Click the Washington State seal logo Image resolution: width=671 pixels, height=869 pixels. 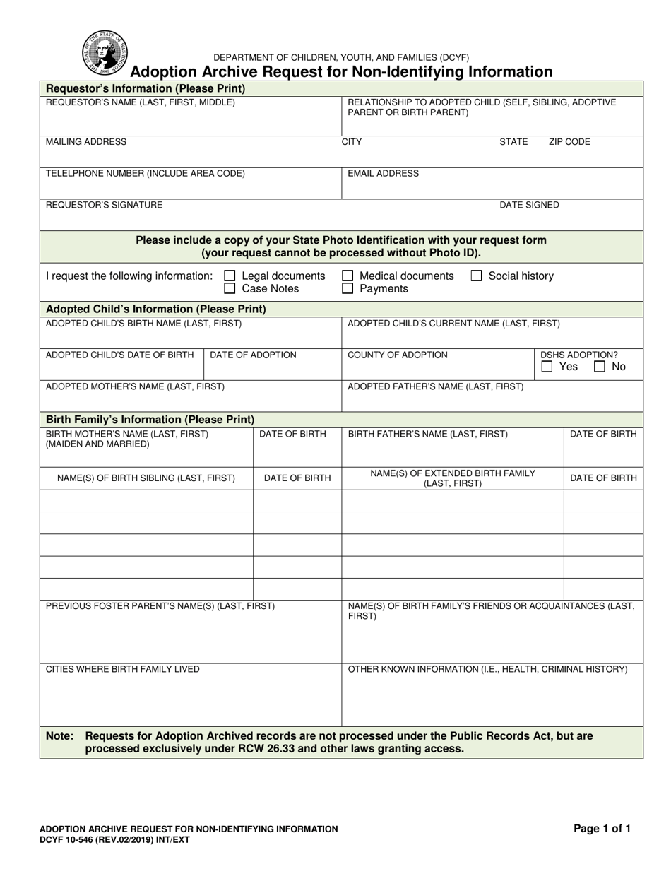coord(105,53)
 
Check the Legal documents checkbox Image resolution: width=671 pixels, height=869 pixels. coord(230,276)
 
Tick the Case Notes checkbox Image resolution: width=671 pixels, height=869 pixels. coord(230,289)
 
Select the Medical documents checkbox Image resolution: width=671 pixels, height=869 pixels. coord(348,276)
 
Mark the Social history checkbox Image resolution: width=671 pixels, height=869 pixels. coord(476,276)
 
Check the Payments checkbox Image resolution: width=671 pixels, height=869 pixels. coord(348,289)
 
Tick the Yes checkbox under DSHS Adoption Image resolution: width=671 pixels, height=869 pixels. coord(547,367)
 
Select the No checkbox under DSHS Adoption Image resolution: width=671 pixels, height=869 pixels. coord(600,367)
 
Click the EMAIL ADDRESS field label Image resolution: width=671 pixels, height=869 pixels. coord(383,174)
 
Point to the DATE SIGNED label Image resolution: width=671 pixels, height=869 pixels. coord(529,206)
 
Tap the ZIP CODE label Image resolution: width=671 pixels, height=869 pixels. coord(569,142)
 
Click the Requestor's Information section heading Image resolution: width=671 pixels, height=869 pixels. coord(146,89)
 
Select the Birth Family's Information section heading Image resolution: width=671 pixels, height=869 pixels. coord(150,420)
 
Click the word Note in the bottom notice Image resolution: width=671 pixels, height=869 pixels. coord(59,736)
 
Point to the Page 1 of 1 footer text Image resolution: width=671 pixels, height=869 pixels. coord(602,829)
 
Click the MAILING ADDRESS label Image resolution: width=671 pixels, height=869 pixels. coord(86,142)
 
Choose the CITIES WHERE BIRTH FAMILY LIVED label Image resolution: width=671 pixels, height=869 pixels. coord(123,669)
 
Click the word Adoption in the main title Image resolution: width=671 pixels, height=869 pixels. coord(161,72)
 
